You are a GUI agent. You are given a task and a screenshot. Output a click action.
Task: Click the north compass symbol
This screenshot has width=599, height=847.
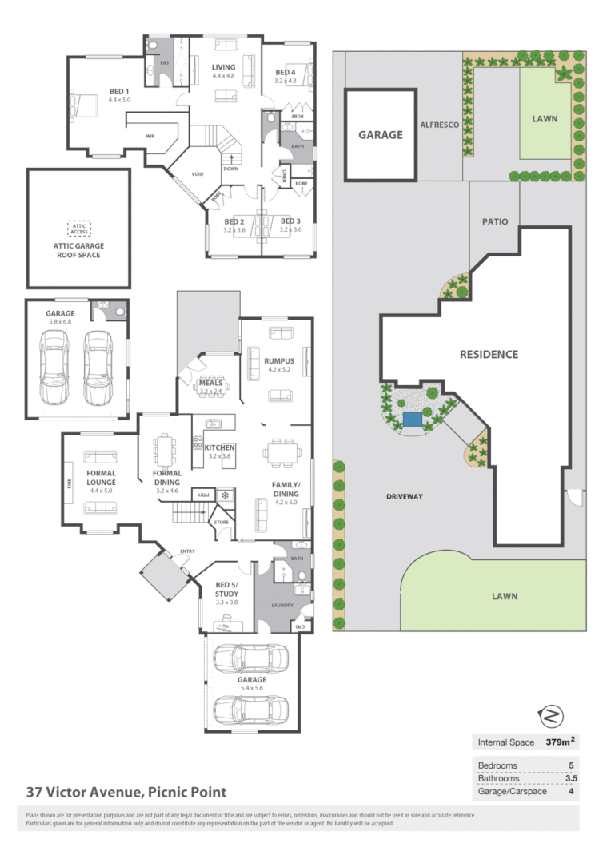click(x=552, y=714)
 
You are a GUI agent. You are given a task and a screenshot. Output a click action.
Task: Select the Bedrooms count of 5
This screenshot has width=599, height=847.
click(x=569, y=765)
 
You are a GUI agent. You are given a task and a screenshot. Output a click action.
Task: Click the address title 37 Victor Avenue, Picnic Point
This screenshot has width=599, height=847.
click(x=126, y=793)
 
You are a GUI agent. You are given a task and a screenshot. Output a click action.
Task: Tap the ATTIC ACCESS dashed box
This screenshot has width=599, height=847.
click(x=79, y=229)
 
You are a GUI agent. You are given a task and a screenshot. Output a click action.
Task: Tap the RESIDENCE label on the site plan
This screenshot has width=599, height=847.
click(x=489, y=354)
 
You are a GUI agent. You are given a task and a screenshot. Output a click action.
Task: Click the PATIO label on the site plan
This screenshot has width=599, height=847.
click(x=495, y=221)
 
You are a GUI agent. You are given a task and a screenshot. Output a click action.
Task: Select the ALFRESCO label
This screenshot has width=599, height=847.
click(x=439, y=125)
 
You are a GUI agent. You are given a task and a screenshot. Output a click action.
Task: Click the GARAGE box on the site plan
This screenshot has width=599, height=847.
click(x=380, y=135)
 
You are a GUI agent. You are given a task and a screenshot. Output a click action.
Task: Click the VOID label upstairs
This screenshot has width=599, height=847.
click(x=197, y=173)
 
